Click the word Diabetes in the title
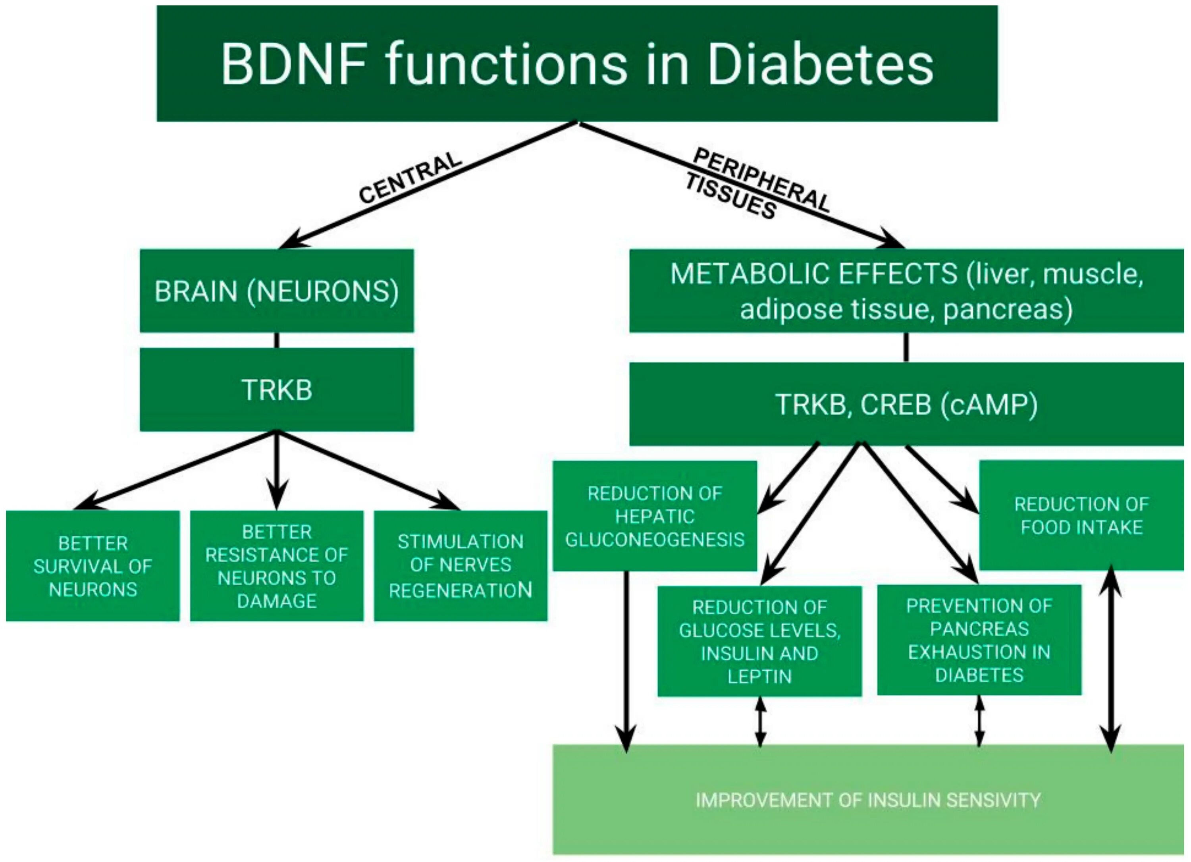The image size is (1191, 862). pyautogui.click(x=821, y=64)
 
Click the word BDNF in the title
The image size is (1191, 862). pyautogui.click(x=294, y=64)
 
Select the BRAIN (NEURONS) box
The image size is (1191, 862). pyautogui.click(x=277, y=291)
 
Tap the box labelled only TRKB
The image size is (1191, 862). pyautogui.click(x=277, y=390)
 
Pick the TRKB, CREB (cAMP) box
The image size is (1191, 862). pyautogui.click(x=907, y=405)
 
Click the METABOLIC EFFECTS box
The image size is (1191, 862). pyautogui.click(x=907, y=291)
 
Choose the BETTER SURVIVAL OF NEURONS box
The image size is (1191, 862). pyautogui.click(x=93, y=566)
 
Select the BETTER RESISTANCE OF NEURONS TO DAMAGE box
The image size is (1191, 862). pyautogui.click(x=277, y=566)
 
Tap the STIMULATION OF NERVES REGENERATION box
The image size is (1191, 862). pyautogui.click(x=461, y=566)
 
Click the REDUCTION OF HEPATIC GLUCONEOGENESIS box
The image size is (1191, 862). pyautogui.click(x=655, y=516)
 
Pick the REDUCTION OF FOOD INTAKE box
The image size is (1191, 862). pyautogui.click(x=1082, y=515)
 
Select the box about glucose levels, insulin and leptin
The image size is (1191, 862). pyautogui.click(x=760, y=641)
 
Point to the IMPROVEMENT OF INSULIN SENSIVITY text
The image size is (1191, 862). pyautogui.click(x=868, y=800)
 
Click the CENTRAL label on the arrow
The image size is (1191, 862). pyautogui.click(x=410, y=177)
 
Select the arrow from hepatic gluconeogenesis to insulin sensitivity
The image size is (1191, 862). pyautogui.click(x=626, y=662)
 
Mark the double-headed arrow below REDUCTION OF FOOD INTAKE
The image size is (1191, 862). pyautogui.click(x=1111, y=659)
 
